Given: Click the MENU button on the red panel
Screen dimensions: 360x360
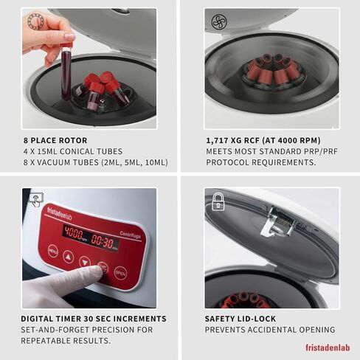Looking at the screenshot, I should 53,250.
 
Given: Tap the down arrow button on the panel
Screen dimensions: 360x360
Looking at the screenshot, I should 85,260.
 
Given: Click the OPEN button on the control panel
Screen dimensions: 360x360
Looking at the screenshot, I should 120,272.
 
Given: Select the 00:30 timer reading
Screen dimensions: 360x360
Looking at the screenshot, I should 105,243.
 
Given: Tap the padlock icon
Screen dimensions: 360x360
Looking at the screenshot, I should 218,201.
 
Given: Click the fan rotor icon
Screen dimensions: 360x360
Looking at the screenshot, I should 218,21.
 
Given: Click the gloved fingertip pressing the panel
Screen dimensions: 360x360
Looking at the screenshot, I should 100,271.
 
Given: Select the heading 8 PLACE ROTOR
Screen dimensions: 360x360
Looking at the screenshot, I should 55,140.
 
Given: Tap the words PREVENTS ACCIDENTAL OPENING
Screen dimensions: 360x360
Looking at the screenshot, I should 270,330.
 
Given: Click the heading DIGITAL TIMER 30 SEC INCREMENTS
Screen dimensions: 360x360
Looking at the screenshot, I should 94,319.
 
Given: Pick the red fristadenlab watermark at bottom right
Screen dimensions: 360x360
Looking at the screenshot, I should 328,347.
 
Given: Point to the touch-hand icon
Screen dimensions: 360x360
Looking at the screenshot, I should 35,200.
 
